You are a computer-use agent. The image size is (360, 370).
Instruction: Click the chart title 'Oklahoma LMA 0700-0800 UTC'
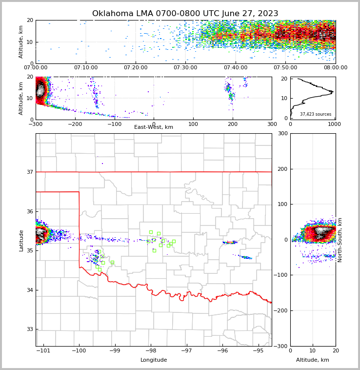tap(185, 14)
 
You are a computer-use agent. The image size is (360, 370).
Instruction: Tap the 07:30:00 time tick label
tap(185, 68)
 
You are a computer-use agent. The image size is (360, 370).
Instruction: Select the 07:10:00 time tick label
tap(85, 68)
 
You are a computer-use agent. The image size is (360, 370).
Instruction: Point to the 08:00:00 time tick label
tap(335, 68)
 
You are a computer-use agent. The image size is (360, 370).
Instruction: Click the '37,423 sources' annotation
tap(316, 114)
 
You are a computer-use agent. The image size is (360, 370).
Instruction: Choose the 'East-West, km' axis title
tap(154, 127)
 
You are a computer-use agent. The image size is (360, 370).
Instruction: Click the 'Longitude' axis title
tap(154, 360)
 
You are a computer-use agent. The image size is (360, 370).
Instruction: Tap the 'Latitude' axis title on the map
tap(21, 240)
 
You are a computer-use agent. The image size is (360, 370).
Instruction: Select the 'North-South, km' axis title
tap(340, 240)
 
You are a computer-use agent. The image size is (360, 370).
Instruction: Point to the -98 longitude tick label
tap(151, 350)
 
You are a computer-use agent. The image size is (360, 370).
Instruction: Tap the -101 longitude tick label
tap(43, 350)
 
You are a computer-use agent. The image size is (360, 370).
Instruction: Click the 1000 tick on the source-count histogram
tap(335, 124)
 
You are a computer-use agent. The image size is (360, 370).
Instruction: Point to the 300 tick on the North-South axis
tap(282, 134)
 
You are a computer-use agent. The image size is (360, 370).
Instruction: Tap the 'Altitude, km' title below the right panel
tap(313, 360)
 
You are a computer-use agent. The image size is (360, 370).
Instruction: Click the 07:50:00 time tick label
tap(285, 68)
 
